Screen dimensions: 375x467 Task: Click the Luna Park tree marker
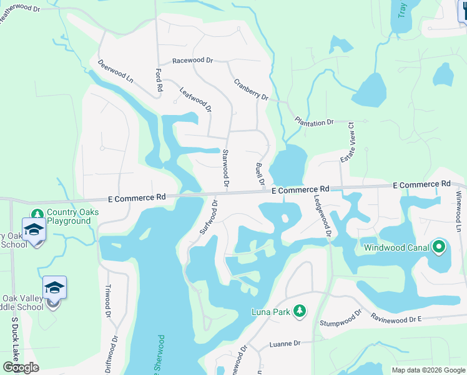[300, 311]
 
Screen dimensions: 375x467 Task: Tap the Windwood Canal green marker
[438, 247]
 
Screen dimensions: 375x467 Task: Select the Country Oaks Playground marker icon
[37, 213]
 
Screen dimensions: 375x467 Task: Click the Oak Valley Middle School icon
[54, 288]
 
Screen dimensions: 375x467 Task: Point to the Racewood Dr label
[193, 61]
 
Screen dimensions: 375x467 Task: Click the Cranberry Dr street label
[251, 89]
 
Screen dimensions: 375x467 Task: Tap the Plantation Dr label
[315, 122]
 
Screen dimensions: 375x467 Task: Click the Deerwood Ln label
[116, 71]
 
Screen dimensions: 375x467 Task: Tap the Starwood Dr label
[225, 169]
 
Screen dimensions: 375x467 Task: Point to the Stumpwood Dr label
[341, 318]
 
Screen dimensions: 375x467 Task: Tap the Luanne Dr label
[285, 343]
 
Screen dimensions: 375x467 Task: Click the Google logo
[21, 367]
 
